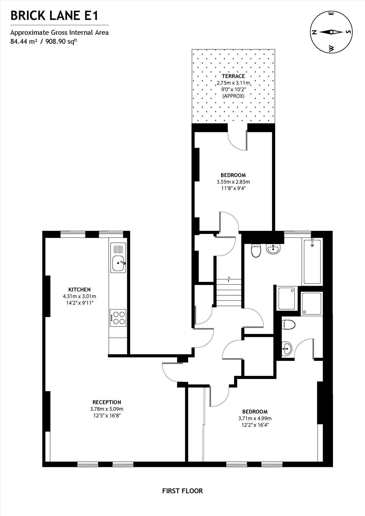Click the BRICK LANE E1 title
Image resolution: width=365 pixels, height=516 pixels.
point(54,16)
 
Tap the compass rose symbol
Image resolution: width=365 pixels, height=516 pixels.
point(332,32)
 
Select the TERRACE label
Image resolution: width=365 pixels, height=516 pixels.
point(233,76)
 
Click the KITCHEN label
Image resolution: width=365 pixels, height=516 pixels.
point(80,289)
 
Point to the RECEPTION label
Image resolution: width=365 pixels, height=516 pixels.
point(107,402)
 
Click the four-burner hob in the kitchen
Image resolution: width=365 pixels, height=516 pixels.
point(118,318)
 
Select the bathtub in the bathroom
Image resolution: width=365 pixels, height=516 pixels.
point(312,262)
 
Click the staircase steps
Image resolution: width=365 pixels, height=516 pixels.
point(229,293)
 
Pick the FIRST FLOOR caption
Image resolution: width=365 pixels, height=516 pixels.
point(182,491)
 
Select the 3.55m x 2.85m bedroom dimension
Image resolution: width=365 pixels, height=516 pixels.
point(233,182)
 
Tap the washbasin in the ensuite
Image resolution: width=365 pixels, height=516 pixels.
point(287,348)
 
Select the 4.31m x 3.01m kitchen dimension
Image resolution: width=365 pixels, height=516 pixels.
point(80,296)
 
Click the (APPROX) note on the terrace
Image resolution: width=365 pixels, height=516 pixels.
point(233,96)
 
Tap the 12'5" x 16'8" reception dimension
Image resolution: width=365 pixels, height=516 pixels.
point(107,416)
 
